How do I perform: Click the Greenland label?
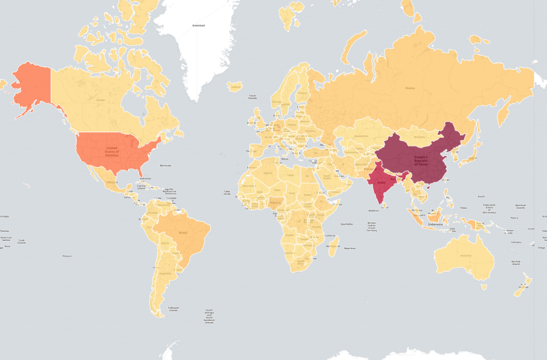tap(199, 25)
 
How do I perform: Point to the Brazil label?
tap(183, 233)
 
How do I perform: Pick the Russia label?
tap(409, 88)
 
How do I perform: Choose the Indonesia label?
tap(436, 224)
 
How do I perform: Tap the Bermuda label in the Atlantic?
tap(164, 166)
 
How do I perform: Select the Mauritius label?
tap(350, 248)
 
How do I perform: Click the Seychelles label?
tap(347, 223)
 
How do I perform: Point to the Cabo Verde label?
tap(227, 192)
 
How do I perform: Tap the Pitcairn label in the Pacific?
tap(66, 256)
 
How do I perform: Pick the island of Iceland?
tap(236, 86)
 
